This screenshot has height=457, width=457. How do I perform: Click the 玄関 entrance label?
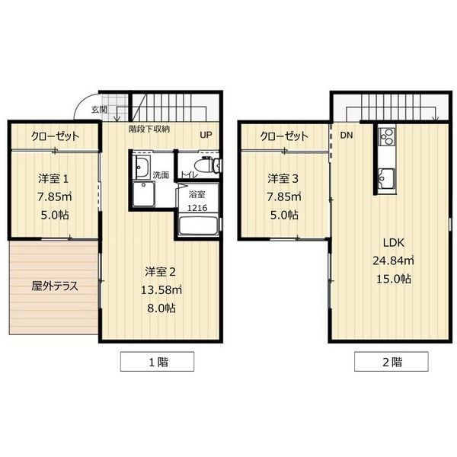click(99, 110)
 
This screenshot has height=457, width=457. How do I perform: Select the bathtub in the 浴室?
click(199, 225)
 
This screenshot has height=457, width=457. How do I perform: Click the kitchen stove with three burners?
click(387, 136)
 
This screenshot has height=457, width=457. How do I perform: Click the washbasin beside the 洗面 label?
click(142, 167)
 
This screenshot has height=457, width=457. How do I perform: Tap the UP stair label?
click(206, 135)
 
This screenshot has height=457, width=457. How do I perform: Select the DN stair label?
click(347, 136)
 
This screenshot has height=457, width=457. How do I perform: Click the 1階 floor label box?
click(158, 361)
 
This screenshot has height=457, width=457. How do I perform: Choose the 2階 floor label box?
click(391, 361)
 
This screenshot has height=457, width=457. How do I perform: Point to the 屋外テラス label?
click(55, 286)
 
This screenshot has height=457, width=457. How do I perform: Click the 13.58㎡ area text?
click(161, 290)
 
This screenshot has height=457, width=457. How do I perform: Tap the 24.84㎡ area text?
click(393, 260)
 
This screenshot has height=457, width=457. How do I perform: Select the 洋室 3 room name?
click(283, 179)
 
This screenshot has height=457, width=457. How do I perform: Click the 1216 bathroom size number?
click(197, 208)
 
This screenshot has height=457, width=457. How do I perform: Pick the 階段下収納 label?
click(149, 129)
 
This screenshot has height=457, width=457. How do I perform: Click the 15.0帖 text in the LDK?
click(394, 279)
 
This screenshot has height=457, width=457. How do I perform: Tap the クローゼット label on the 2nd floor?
click(284, 136)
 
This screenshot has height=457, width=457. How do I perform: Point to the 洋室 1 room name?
click(53, 179)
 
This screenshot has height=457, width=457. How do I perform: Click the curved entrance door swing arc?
click(81, 102)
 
